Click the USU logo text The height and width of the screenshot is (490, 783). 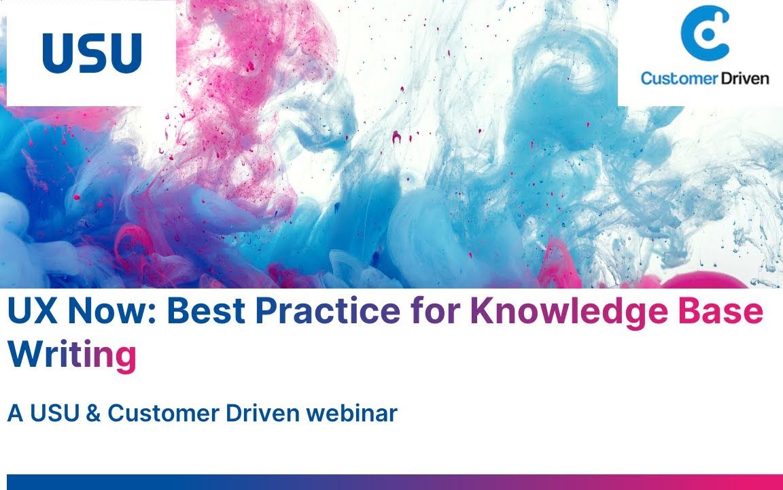pos(91,53)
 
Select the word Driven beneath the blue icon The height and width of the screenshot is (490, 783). pos(746,78)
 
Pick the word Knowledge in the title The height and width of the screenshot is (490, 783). pos(568,312)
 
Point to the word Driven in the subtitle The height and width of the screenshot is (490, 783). pos(262,413)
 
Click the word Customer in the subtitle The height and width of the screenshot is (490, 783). pos(163,413)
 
